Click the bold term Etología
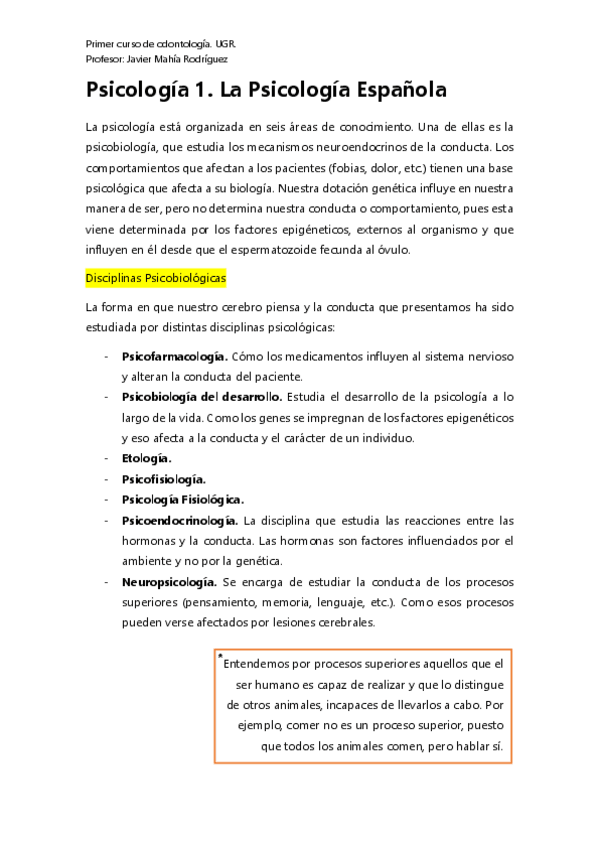[x=146, y=458]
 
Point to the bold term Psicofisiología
[x=164, y=479]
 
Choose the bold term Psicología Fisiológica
[x=183, y=499]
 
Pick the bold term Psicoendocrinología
[x=179, y=520]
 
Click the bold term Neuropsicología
[x=169, y=581]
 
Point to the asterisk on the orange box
[x=219, y=655]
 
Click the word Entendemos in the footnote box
[x=258, y=663]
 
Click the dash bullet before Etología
[x=107, y=458]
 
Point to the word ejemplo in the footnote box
[x=271, y=725]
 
